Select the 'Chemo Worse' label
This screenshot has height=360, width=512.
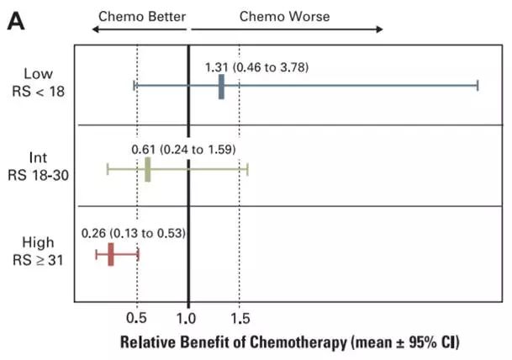[285, 15]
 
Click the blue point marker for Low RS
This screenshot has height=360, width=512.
[221, 86]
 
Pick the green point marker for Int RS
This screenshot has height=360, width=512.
[148, 169]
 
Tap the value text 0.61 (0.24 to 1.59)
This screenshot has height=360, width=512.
[183, 149]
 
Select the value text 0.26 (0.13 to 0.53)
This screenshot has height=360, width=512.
[133, 232]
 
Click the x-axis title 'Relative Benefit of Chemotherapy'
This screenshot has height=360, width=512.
[290, 342]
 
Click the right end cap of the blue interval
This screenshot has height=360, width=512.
[478, 86]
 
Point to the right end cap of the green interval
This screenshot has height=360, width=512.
[248, 169]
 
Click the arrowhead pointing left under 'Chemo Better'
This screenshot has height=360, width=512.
[95, 29]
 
